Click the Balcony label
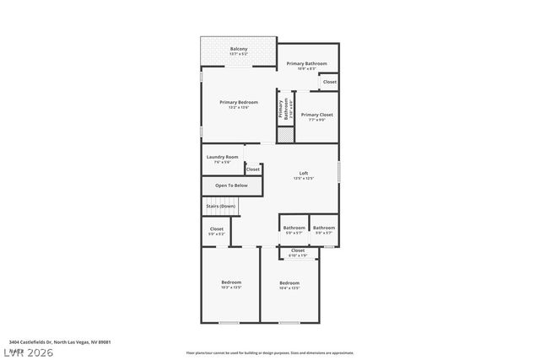click(239, 49)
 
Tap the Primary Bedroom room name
click(239, 102)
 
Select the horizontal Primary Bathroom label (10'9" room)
click(306, 63)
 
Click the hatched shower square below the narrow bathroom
click(285, 134)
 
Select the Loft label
click(304, 174)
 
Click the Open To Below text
click(231, 185)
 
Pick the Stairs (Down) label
click(220, 206)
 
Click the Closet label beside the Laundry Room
click(253, 169)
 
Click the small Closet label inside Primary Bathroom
click(329, 82)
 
